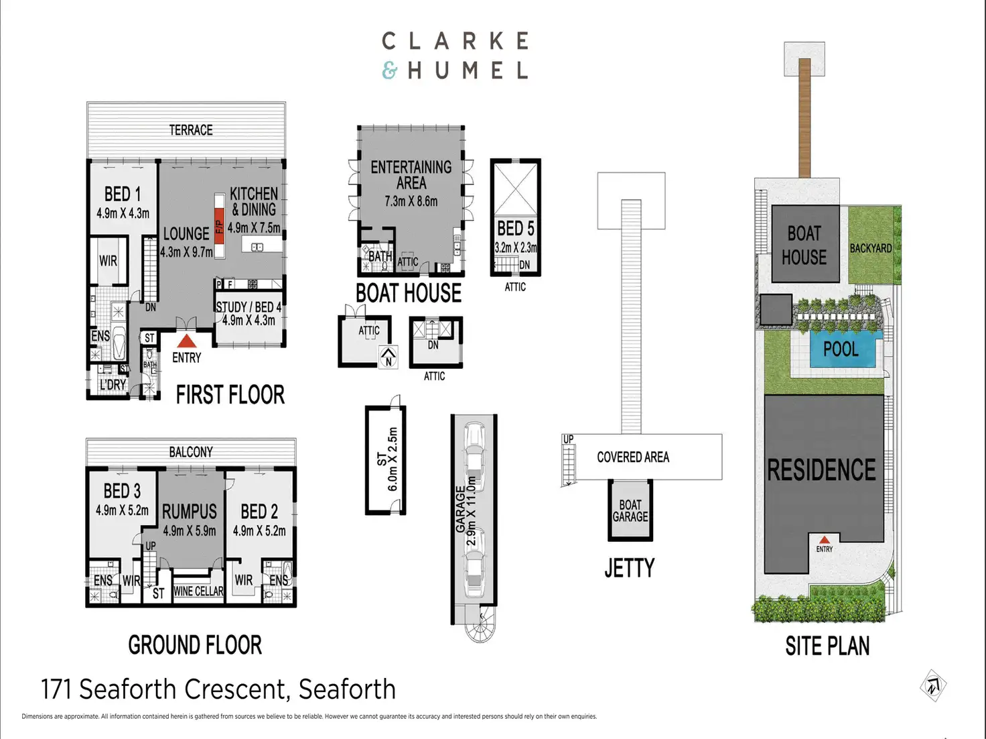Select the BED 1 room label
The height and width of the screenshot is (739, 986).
click(x=123, y=194)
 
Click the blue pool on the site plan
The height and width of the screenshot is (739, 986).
click(x=841, y=349)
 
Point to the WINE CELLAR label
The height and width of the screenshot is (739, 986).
click(x=198, y=591)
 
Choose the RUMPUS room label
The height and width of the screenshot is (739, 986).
click(x=190, y=512)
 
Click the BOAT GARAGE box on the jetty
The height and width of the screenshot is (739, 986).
click(x=630, y=511)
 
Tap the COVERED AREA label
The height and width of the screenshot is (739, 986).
click(x=633, y=457)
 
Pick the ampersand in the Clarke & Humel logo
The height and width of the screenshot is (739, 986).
click(x=390, y=70)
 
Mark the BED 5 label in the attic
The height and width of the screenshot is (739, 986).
click(x=515, y=229)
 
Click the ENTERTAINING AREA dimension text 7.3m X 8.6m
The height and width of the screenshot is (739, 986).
click(x=411, y=201)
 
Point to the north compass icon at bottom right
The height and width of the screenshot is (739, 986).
click(x=932, y=685)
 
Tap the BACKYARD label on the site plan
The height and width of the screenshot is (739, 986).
click(x=870, y=248)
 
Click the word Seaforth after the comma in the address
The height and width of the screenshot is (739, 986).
click(x=347, y=689)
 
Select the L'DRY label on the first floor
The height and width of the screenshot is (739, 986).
click(x=113, y=385)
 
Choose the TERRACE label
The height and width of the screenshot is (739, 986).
click(x=191, y=130)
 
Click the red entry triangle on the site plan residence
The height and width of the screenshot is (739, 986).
click(x=825, y=539)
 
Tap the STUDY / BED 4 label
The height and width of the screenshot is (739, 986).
click(x=249, y=307)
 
